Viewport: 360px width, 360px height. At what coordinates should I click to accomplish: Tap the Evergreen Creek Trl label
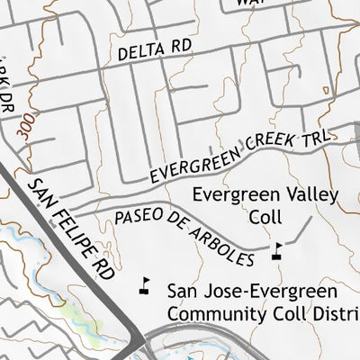pos(240,156)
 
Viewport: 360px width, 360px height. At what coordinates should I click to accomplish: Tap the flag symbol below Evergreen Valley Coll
pos(277,250)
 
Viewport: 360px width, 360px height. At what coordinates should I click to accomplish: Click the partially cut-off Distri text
pos(337,313)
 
